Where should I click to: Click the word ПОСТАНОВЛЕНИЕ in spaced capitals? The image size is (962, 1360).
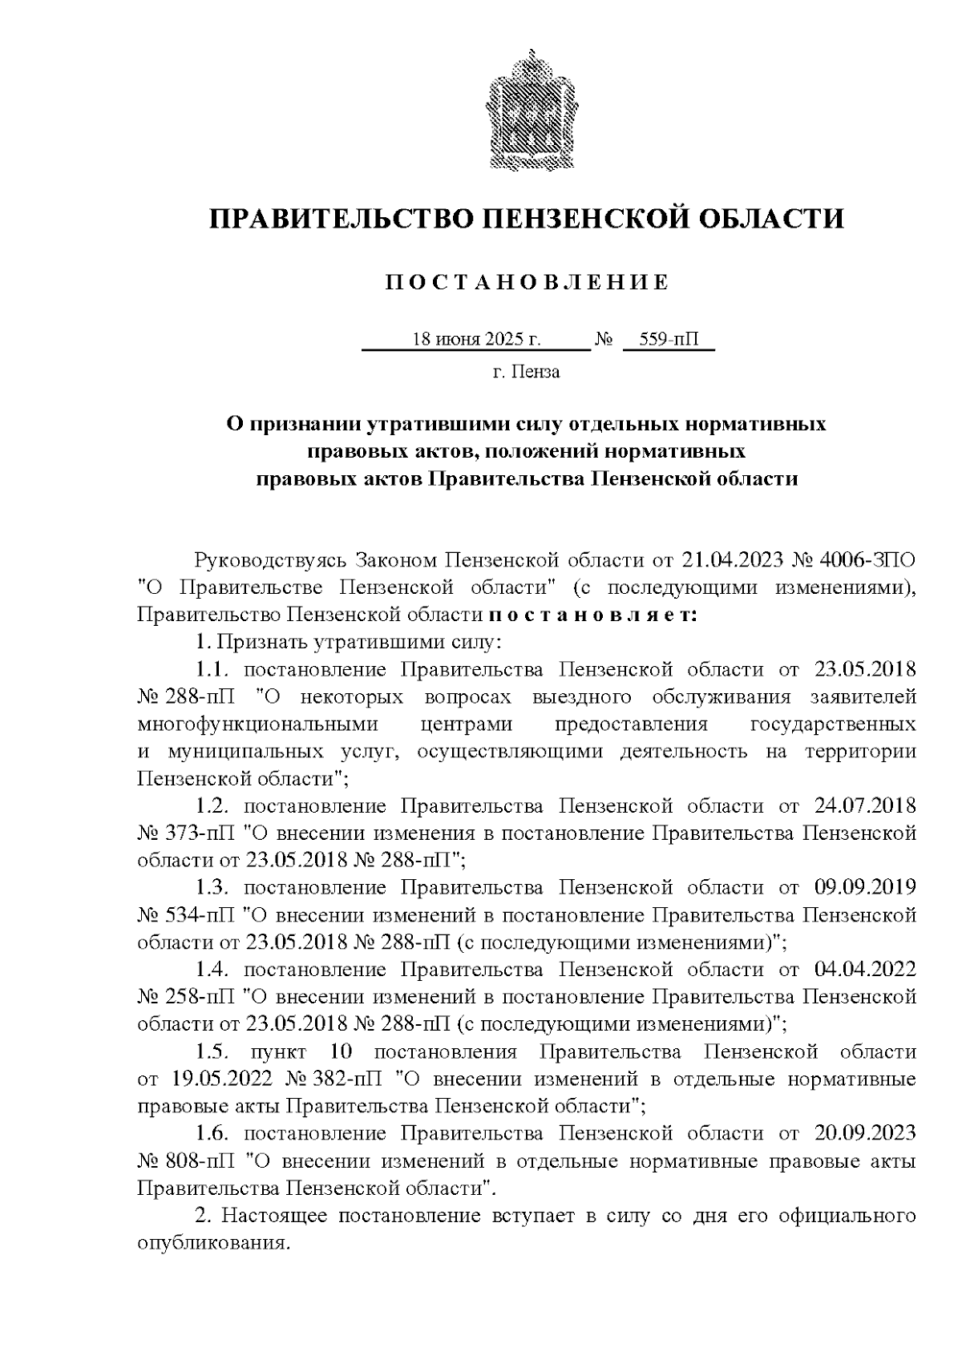(527, 282)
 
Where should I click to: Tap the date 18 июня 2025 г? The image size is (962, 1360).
(476, 340)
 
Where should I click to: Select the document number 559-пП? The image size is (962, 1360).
(669, 340)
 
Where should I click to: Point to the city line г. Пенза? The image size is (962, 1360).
(526, 372)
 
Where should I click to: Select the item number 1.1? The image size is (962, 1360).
(213, 669)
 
